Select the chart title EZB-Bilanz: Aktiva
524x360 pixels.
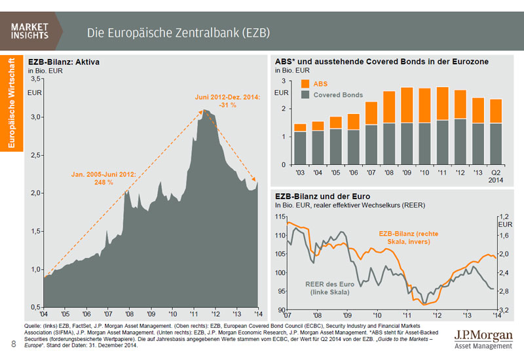click(x=64, y=62)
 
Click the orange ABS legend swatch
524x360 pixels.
click(x=305, y=83)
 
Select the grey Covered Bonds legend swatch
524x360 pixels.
click(x=305, y=94)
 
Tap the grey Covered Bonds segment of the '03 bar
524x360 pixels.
click(x=300, y=148)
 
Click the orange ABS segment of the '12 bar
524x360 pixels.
click(x=460, y=104)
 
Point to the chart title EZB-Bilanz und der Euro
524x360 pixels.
click(x=323, y=196)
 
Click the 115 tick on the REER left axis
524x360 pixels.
click(x=280, y=217)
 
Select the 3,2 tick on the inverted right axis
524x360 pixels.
click(x=504, y=310)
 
